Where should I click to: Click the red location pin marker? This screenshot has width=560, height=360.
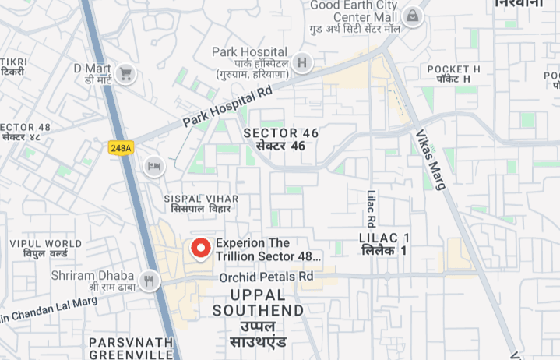coord(201,248)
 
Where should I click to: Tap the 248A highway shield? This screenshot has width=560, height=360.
coord(122,147)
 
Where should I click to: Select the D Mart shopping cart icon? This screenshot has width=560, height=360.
coord(125,75)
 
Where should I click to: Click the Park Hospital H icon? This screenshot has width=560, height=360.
coord(302,63)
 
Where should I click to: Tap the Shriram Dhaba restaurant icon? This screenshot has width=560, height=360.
coord(150,280)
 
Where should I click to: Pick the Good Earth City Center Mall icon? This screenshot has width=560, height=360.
coord(412,15)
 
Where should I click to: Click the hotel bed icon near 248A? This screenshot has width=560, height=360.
coord(153,165)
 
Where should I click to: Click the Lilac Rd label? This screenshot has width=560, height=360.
coord(372,208)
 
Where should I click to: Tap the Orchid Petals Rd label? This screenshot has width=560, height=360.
coord(266,277)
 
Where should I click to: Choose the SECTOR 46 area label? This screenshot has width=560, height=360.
coord(280,139)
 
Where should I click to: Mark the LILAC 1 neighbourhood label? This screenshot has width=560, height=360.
coord(384,243)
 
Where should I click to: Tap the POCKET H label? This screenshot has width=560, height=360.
coord(453,74)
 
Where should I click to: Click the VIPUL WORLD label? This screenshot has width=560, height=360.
coord(45,249)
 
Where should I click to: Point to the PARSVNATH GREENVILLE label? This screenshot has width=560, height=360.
coord(131,348)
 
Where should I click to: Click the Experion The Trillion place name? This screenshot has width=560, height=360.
coord(267,249)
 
